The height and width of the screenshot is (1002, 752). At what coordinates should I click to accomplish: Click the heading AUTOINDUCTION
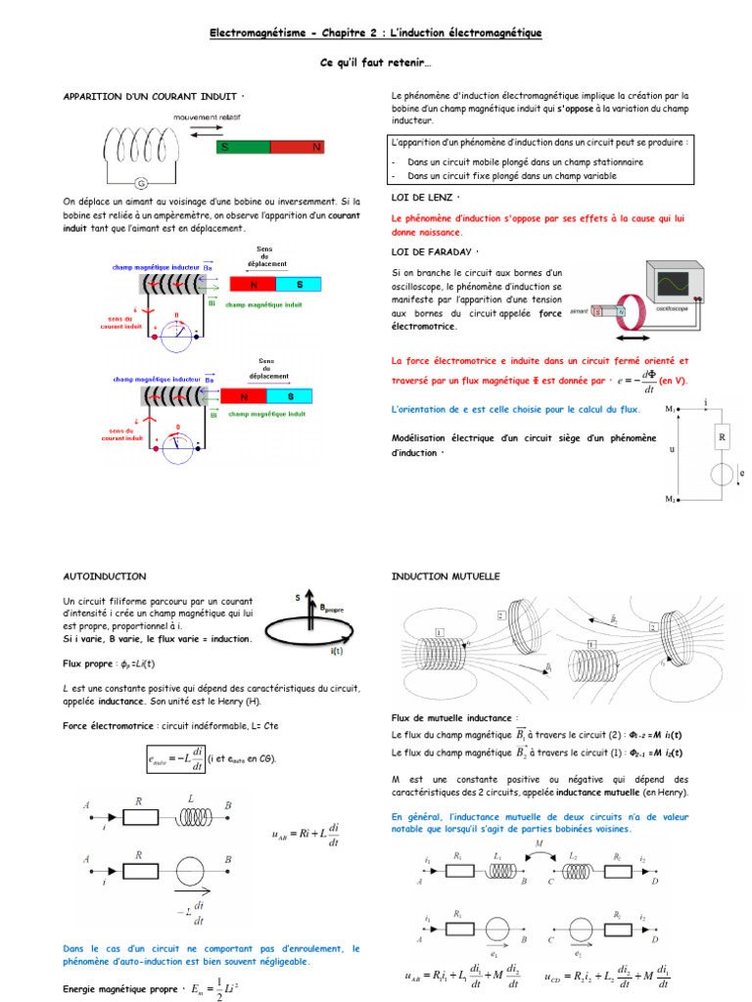[105, 576]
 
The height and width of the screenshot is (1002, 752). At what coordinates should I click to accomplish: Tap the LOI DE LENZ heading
[423, 198]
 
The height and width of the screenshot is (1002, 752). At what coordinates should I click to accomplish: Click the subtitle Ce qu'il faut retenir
[375, 63]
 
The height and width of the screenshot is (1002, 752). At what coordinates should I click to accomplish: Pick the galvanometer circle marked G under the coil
[140, 183]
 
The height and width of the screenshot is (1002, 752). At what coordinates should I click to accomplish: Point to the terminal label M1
[671, 409]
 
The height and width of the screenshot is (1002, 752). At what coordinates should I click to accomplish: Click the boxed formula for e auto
[173, 758]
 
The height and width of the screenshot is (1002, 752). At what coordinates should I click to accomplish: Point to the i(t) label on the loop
[336, 651]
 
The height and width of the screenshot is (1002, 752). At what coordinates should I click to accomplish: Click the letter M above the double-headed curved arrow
[538, 843]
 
